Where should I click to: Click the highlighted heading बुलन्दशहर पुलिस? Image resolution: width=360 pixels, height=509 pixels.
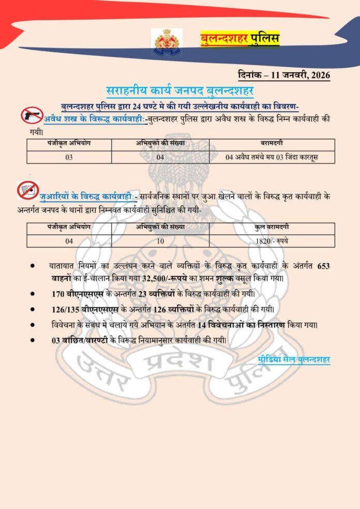[x=239, y=39]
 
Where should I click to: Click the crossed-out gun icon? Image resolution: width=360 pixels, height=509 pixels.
[x=32, y=115]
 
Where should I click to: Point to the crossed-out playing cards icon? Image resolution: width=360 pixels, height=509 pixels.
[x=27, y=191]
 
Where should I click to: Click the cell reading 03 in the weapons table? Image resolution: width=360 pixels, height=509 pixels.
[x=69, y=157]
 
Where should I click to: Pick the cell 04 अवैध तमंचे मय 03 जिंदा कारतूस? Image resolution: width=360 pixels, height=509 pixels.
[x=272, y=157]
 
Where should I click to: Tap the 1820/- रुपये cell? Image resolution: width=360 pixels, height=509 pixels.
[x=272, y=240]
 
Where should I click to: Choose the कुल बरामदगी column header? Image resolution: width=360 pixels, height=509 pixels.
[x=272, y=228]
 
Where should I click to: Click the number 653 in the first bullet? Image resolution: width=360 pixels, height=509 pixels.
[x=323, y=266]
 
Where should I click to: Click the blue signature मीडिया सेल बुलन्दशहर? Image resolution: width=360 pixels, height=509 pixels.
[x=293, y=360]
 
